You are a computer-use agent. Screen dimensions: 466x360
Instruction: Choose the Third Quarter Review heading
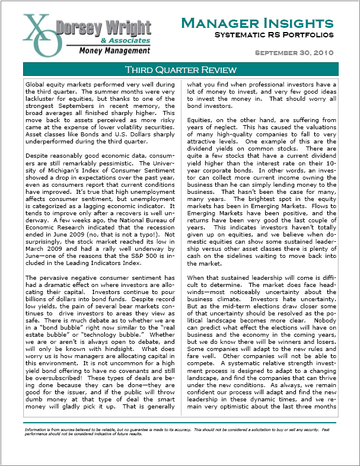(x=180, y=70)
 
